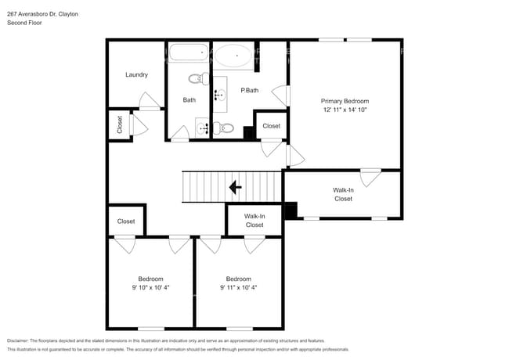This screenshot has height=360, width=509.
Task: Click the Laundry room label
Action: [x=137, y=75]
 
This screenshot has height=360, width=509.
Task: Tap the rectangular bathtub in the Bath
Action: [x=189, y=55]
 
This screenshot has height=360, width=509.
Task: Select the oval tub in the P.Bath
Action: [x=233, y=56]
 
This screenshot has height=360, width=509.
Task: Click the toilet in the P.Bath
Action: [x=227, y=128]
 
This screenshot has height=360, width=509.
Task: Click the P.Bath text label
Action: [x=250, y=91]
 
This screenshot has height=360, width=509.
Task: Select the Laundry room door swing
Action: [x=148, y=100]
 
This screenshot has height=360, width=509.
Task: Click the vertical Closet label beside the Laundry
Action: [x=120, y=125]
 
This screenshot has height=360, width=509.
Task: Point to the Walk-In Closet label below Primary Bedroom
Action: [x=343, y=194]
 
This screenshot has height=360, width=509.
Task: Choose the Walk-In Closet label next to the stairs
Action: [x=254, y=221]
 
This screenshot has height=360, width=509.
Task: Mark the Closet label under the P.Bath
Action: [x=271, y=126]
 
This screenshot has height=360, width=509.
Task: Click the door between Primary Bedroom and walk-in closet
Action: [x=370, y=177]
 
